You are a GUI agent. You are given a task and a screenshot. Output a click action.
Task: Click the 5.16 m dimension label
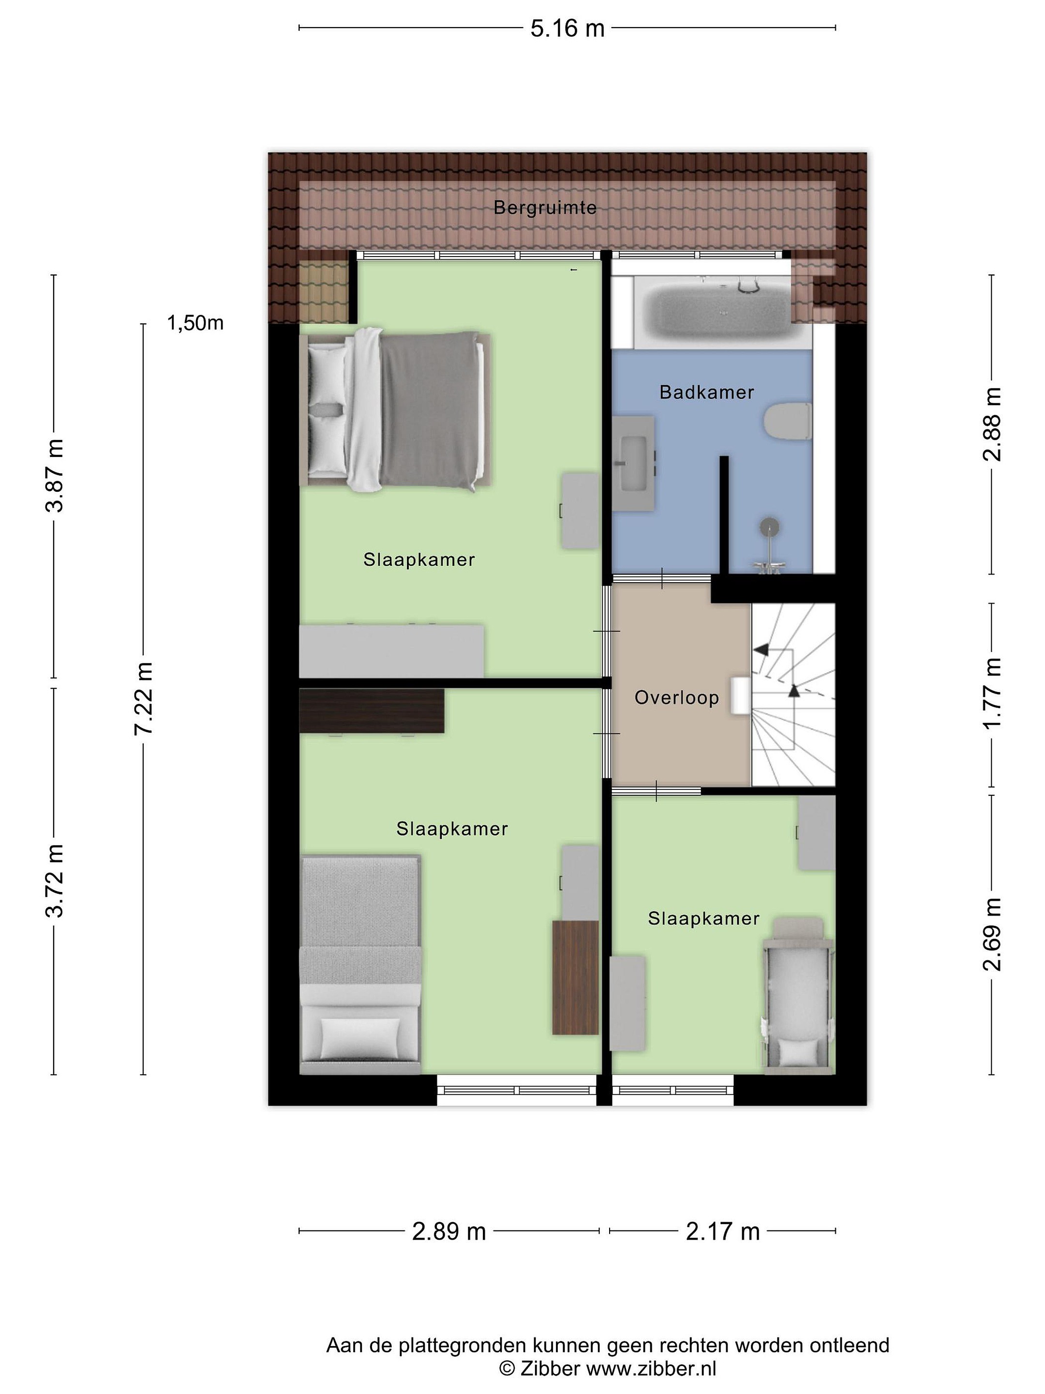[x=567, y=29]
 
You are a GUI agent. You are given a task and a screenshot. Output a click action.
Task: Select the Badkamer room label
[x=707, y=392]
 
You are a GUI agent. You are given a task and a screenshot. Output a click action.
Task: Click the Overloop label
[x=676, y=697]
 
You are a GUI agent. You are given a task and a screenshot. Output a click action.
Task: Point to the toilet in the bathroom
[x=787, y=422]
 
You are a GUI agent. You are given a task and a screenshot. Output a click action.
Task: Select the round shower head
[x=769, y=527]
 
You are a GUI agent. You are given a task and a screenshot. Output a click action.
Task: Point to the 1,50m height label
[x=195, y=323]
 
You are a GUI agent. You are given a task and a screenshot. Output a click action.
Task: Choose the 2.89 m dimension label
[x=449, y=1231]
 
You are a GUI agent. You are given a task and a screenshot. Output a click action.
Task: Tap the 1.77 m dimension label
[x=992, y=694]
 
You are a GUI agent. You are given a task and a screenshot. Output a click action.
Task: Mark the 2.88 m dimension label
[x=992, y=424]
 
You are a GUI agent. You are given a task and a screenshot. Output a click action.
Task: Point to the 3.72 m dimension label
[x=55, y=880]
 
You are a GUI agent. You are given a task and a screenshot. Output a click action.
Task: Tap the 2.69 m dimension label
[x=992, y=934]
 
